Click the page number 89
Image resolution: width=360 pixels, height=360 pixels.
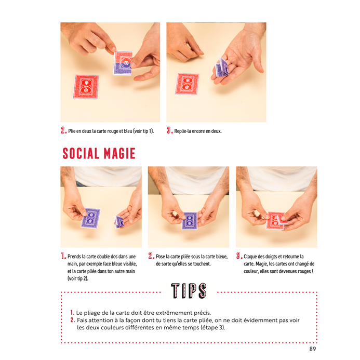pos(313,349)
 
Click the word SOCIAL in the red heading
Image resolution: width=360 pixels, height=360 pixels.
pos(81,153)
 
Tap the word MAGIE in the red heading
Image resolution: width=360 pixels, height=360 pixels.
pos(119,153)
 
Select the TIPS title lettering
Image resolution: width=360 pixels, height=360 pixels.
pos(189,291)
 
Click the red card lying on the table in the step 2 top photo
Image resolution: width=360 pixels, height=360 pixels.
pos(86,87)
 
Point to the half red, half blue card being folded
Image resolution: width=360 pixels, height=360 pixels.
pos(123,63)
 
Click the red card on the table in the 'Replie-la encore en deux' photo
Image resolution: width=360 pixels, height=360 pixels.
pos(187,84)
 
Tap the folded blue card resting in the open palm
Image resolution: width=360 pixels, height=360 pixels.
pos(222,67)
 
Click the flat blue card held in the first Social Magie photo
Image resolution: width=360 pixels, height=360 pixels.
pos(91,218)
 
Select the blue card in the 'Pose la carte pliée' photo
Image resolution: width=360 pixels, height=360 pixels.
pos(190,221)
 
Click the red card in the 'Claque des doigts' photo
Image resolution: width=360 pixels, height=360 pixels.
pos(274,221)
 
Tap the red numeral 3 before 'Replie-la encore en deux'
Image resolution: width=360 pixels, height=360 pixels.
pos(169,130)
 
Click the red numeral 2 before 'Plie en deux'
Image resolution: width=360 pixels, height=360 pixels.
pos(63,130)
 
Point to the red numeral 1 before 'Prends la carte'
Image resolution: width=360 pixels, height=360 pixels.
pos(63,256)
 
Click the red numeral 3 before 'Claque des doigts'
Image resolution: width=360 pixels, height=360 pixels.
pos(239,256)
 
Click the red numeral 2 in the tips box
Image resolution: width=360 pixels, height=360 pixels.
pos(73,320)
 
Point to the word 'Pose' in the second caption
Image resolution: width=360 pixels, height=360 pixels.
pos(160,257)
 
